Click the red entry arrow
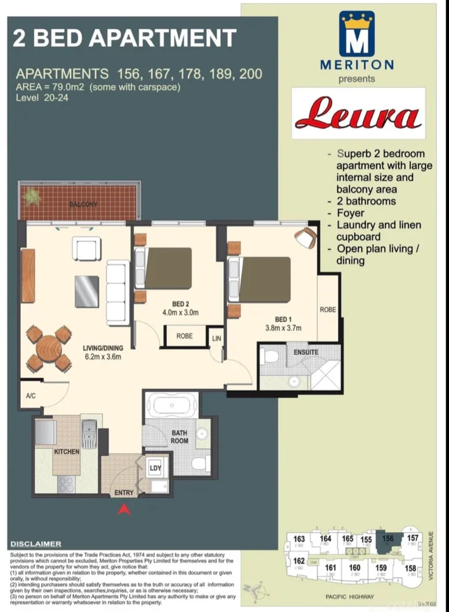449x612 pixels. [123, 509]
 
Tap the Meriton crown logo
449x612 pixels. [357, 34]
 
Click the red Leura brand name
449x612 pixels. [358, 114]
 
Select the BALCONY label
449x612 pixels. [83, 205]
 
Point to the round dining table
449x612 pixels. [49, 348]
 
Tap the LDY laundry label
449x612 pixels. [155, 468]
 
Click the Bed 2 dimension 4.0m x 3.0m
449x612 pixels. [180, 312]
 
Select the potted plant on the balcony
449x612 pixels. [32, 196]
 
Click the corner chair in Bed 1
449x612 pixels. [305, 237]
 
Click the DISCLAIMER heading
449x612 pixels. [36, 544]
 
